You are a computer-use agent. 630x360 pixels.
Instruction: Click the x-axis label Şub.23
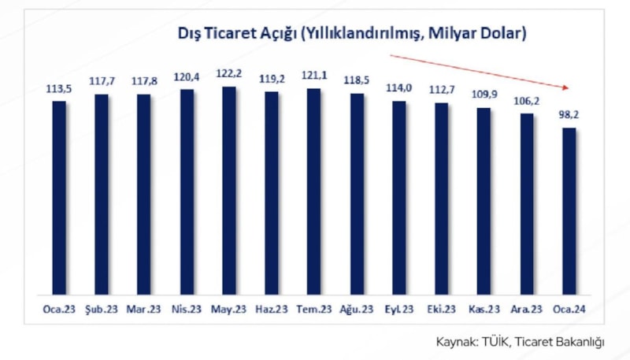(x=101, y=310)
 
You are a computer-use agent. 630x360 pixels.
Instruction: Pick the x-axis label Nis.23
(x=187, y=310)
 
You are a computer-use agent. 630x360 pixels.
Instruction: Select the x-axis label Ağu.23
(x=356, y=310)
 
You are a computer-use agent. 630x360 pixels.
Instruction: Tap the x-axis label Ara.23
(x=526, y=310)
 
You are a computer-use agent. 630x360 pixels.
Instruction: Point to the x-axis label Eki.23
(x=441, y=310)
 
